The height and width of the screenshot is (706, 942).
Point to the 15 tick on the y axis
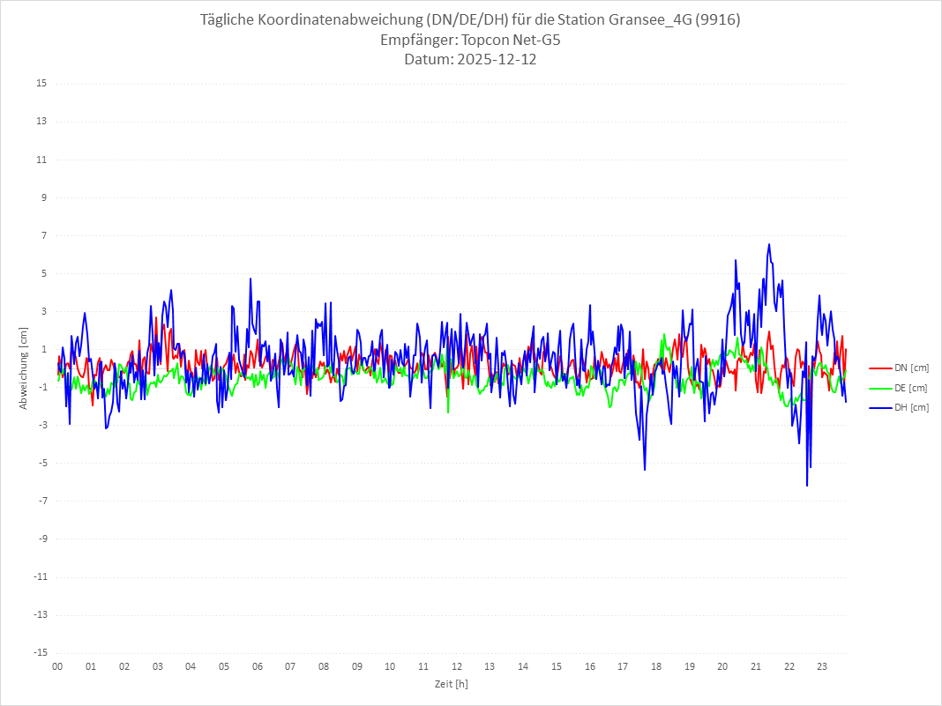coord(41,84)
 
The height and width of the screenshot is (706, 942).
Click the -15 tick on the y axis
coord(40,653)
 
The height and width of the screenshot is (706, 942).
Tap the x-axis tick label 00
coord(57,666)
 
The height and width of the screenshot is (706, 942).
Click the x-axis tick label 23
coord(822,666)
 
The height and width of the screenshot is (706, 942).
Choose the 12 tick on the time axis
coord(457,666)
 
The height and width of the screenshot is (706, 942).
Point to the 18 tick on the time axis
coord(656,666)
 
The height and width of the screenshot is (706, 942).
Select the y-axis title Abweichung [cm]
coord(24,368)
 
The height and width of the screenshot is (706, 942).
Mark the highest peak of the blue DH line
coord(769,244)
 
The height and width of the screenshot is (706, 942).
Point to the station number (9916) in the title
coord(716,20)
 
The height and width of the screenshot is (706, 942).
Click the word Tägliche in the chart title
coord(230,20)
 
